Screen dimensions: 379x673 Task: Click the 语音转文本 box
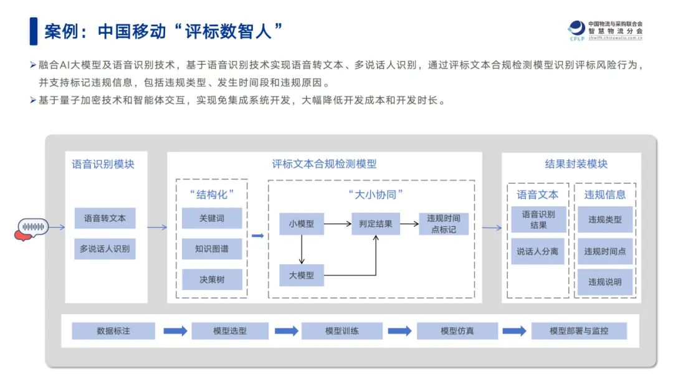tap(105, 218)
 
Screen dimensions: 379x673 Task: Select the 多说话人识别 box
tap(105, 249)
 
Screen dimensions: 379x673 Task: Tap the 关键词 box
tap(212, 218)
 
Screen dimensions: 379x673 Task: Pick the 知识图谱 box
tap(212, 249)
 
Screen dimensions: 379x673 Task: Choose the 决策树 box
tap(212, 279)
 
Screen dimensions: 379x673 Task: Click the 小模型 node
tap(302, 223)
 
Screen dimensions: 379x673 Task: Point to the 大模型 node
tap(302, 275)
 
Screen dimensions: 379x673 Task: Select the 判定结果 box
tap(376, 223)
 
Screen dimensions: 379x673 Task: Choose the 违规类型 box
tap(605, 219)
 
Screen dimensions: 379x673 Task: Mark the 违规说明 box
tap(605, 282)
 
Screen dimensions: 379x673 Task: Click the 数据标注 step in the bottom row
tap(113, 331)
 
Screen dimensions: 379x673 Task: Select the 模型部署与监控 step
tap(579, 331)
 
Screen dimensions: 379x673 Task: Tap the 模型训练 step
tap(342, 331)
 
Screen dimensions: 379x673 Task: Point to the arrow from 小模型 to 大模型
tap(302, 249)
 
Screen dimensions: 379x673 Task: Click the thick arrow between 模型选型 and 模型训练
tap(286, 331)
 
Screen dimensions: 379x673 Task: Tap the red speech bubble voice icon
tap(30, 228)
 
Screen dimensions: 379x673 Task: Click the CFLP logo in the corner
tap(576, 29)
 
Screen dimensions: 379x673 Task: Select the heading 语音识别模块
tap(103, 165)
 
